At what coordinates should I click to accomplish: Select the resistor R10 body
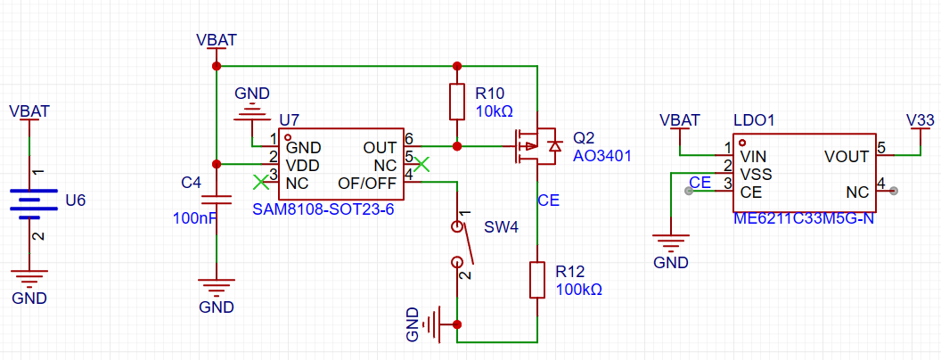point(457,102)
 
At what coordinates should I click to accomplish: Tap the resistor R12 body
point(537,279)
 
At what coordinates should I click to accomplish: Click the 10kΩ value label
point(494,111)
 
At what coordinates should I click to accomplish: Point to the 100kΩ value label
point(578,290)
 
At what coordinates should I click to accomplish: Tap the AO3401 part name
point(601,156)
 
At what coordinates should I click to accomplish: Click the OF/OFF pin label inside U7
point(367,183)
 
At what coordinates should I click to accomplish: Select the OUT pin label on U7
point(380,147)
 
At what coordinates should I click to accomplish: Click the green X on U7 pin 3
point(260,182)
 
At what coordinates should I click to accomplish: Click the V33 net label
point(920,119)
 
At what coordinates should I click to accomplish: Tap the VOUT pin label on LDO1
point(847,157)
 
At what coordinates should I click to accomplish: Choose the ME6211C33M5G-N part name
point(802,218)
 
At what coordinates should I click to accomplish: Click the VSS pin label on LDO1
point(756,174)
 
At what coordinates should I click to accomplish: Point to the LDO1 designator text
point(754,119)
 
